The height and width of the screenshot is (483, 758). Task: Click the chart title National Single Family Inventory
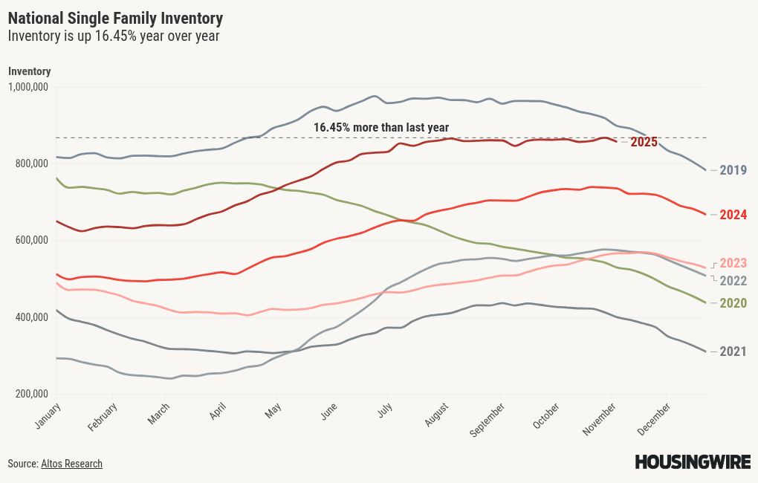click(x=115, y=18)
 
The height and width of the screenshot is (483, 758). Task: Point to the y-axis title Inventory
click(x=30, y=71)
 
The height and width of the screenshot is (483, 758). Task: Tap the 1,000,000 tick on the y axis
click(x=28, y=87)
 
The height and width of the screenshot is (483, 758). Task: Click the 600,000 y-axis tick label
click(x=31, y=240)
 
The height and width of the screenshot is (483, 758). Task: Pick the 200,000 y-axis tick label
click(x=31, y=394)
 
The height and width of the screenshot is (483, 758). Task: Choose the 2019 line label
click(x=733, y=170)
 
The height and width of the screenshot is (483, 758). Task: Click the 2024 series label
click(x=733, y=215)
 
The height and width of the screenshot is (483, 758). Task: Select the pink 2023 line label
click(x=733, y=263)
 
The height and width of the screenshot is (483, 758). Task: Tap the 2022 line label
click(x=733, y=281)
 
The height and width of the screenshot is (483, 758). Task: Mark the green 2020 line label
click(x=733, y=303)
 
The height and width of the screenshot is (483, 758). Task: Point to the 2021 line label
click(x=733, y=351)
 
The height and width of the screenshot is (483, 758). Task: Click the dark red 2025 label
click(x=644, y=142)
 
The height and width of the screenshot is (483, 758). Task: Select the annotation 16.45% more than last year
click(x=380, y=128)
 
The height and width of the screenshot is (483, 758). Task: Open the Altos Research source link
click(x=71, y=464)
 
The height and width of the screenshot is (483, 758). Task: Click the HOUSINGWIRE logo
click(x=692, y=462)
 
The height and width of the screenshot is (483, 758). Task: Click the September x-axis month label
click(x=490, y=417)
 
